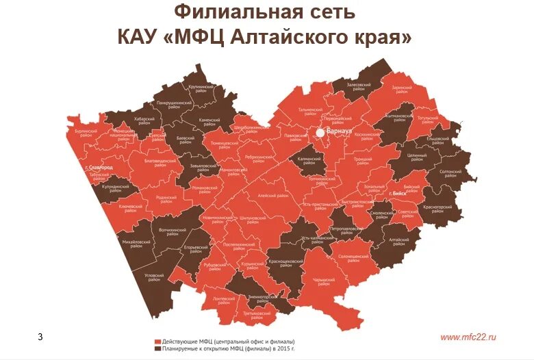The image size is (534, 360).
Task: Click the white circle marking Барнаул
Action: coord(320,133)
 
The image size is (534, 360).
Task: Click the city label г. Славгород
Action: coord(99,167)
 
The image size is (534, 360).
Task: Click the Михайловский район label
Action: coord(136,243)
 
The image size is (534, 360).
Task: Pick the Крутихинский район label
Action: coord(202,89)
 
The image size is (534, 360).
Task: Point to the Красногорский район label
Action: coord(438,207)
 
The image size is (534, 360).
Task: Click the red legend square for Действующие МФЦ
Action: coord(157,341)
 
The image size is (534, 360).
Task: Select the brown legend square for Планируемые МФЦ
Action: coord(157,348)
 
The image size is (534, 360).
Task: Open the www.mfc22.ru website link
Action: coord(468,337)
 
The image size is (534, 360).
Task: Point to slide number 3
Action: coord(40,337)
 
